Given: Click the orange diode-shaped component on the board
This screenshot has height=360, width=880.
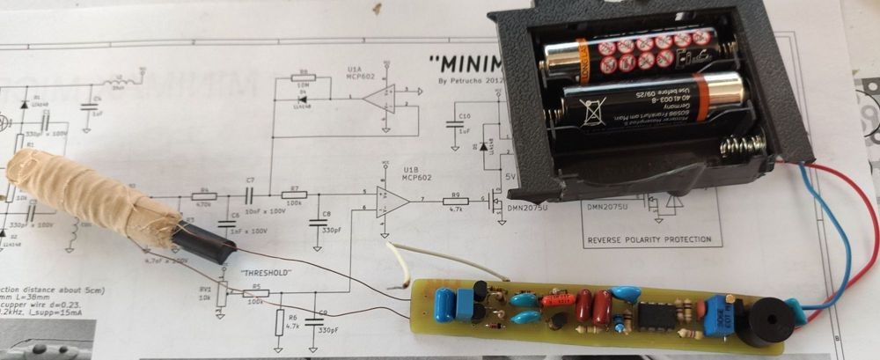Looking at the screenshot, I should tap(556, 300).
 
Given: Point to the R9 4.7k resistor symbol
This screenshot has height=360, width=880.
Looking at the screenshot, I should tap(455, 202).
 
